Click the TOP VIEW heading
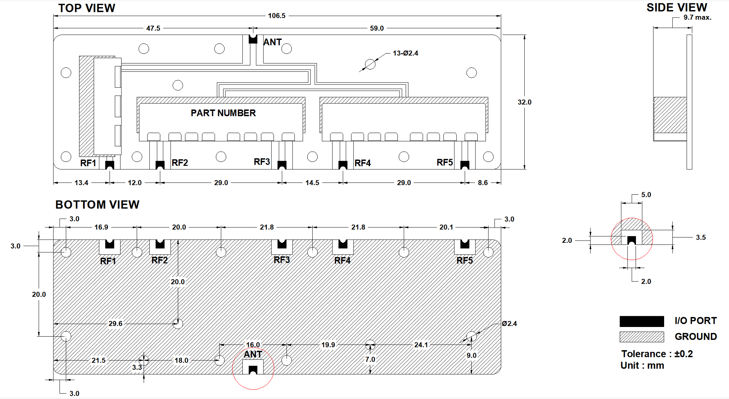pyautogui.click(x=87, y=8)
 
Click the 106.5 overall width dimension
pyautogui.click(x=277, y=16)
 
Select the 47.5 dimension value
pyautogui.click(x=153, y=28)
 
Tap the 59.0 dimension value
pyautogui.click(x=377, y=28)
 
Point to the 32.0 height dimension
pyautogui.click(x=524, y=102)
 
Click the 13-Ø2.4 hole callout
pyautogui.click(x=405, y=53)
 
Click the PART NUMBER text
pyautogui.click(x=223, y=113)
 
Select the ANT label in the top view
pyautogui.click(x=272, y=42)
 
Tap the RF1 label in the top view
pyautogui.click(x=88, y=163)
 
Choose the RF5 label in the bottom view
pyautogui.click(x=464, y=261)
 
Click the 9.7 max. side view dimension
pyautogui.click(x=697, y=17)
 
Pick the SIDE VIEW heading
pyautogui.click(x=677, y=7)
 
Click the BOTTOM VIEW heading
pyautogui.click(x=97, y=205)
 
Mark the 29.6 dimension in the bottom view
pyautogui.click(x=115, y=323)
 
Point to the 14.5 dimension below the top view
pyautogui.click(x=312, y=183)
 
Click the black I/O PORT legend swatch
pyautogui.click(x=642, y=321)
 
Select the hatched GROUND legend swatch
pyautogui.click(x=642, y=337)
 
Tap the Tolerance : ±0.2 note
pyautogui.click(x=657, y=354)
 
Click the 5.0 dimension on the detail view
pyautogui.click(x=646, y=195)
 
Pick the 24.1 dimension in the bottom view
pyautogui.click(x=421, y=345)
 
